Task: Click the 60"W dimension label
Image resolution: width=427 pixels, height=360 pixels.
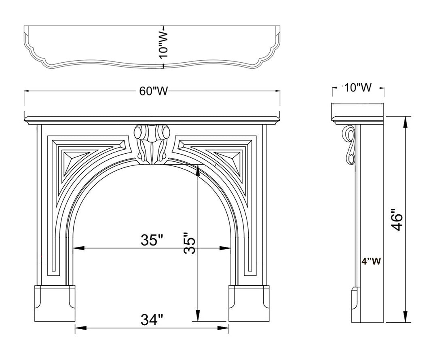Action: tap(153, 91)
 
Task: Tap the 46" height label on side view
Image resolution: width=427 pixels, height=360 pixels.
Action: tap(397, 220)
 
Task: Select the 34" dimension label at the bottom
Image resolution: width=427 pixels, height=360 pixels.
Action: tap(152, 320)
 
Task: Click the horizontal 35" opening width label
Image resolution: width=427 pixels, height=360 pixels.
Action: tap(152, 240)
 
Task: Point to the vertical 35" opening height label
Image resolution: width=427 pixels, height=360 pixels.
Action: tap(190, 244)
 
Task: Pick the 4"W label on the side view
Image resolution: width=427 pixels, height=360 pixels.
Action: tap(371, 261)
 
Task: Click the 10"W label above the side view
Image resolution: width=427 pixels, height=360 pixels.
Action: tap(358, 88)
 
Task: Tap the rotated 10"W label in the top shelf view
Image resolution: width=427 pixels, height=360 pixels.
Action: tap(164, 45)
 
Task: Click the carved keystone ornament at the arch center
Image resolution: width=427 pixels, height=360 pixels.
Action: tap(152, 144)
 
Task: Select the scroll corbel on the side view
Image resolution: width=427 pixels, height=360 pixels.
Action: tap(349, 145)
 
